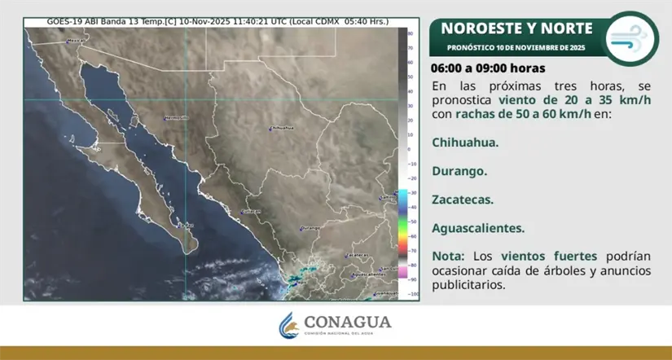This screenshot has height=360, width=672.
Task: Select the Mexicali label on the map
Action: pos(76,39)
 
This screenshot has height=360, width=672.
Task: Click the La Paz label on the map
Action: pos(187,225)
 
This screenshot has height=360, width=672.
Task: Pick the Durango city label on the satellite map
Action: pos(310,228)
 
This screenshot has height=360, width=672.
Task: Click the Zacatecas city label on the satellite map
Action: pos(358,255)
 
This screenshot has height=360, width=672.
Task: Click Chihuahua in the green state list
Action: pos(465,142)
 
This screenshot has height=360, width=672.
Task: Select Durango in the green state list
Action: pos(459,171)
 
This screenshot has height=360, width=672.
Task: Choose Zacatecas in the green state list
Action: pos(463,200)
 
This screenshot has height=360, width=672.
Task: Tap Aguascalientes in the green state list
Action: pos(478,229)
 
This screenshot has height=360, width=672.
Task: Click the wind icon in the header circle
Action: pos(632,37)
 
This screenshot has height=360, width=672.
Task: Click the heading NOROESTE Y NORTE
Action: pos(517,29)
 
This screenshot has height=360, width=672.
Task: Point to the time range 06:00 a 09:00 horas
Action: pos(488,68)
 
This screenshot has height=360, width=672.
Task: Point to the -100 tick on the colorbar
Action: pos(415,293)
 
